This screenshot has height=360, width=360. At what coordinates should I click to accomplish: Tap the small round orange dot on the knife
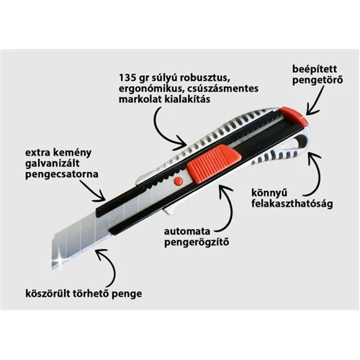(179, 181)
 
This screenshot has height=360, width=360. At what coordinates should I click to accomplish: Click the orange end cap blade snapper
(293, 116)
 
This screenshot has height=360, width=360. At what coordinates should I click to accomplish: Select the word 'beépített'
(315, 69)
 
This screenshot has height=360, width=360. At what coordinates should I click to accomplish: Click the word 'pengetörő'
(318, 80)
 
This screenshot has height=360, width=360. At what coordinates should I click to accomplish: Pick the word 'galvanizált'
(53, 163)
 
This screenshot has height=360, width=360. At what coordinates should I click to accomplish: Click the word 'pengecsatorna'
(62, 174)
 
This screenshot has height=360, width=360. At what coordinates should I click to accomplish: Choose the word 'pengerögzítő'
(197, 243)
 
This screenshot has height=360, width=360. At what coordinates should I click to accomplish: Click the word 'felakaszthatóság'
(292, 204)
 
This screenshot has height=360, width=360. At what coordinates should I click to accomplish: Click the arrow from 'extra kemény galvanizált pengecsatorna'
(93, 192)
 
